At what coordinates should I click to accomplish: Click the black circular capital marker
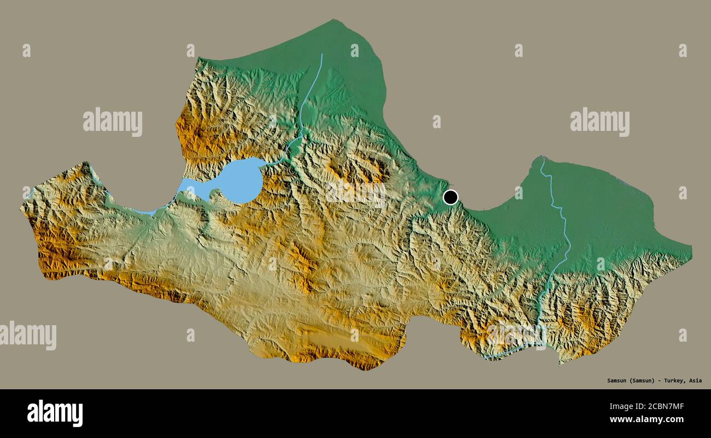[450, 197]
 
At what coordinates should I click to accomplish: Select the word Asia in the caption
[695, 381]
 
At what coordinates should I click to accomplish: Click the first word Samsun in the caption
[617, 381]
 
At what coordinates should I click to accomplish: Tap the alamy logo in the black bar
[55, 413]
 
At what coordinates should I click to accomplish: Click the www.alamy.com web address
[646, 419]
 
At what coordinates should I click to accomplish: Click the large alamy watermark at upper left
[113, 122]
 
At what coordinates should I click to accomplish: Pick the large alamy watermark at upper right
[599, 122]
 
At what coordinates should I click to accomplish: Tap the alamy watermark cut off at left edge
[27, 335]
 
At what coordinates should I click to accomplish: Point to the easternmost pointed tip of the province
[690, 253]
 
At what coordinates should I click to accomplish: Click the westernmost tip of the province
[22, 207]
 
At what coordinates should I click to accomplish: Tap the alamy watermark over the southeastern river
[516, 335]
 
